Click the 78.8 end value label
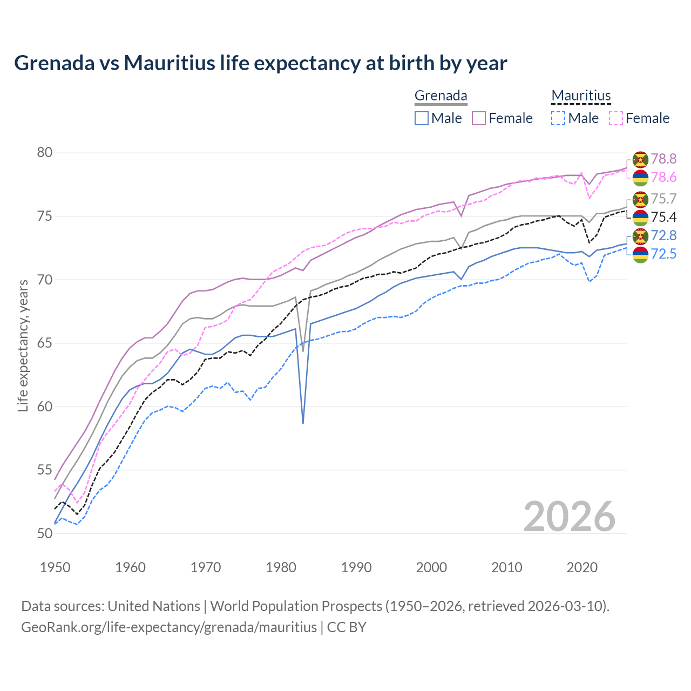point(663,159)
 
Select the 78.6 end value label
point(663,177)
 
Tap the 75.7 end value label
point(663,199)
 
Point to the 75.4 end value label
point(663,217)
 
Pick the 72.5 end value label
point(663,254)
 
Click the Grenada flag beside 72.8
point(640,236)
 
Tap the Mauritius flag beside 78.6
point(640,178)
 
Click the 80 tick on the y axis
point(45,153)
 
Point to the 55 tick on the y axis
point(45,470)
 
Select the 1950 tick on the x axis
point(56,567)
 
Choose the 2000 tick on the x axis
point(432,567)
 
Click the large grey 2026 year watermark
point(570,517)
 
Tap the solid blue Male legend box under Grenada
point(422,118)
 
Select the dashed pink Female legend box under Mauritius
point(616,118)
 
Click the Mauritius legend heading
point(581,96)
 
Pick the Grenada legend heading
point(441,96)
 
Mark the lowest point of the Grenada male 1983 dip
point(303,423)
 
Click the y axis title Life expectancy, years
point(23,345)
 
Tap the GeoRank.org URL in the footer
point(169,627)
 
